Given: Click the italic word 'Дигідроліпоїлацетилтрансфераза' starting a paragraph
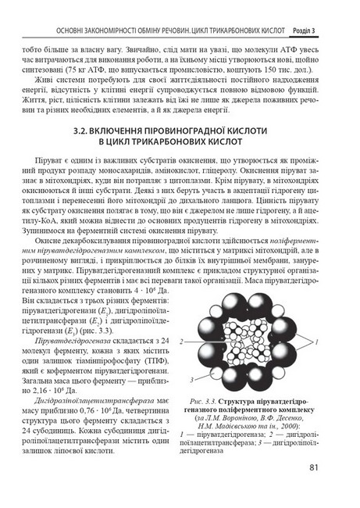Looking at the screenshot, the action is point(98,399).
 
